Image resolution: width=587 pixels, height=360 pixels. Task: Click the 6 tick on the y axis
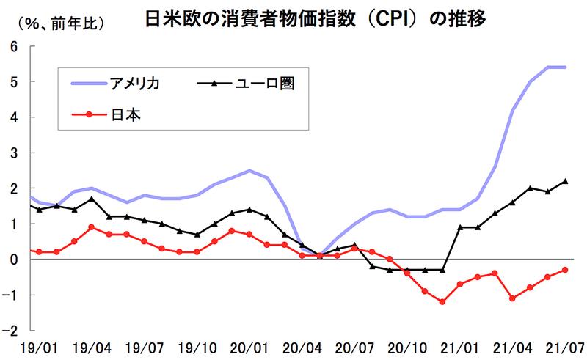[14, 46]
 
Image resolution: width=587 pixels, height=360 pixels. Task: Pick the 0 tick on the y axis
[14, 260]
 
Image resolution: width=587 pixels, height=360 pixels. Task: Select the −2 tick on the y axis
[12, 331]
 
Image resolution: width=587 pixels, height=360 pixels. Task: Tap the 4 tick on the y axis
[14, 117]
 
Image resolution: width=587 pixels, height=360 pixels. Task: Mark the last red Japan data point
[565, 270]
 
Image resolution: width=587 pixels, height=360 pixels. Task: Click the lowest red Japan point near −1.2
[442, 302]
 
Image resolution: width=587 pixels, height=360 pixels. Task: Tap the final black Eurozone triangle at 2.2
[565, 181]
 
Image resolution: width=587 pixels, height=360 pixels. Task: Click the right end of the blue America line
[565, 67]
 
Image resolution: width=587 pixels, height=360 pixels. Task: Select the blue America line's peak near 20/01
[249, 171]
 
